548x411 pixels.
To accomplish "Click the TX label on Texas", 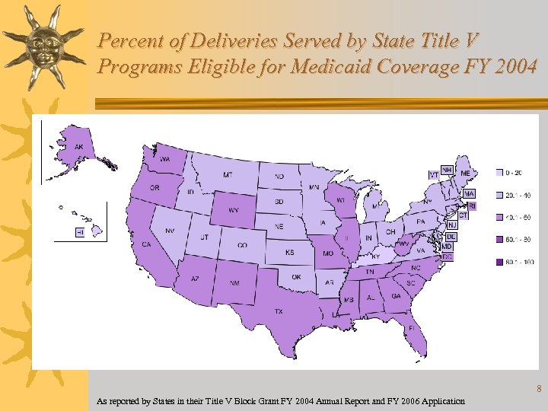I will coord(279,311).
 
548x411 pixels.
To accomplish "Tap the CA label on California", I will coord(146,244).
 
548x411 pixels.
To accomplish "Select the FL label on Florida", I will coord(410,329).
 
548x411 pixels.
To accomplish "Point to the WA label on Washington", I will coord(164,159).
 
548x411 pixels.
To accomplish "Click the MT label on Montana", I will coord(228,175).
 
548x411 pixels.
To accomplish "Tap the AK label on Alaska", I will coord(78,147).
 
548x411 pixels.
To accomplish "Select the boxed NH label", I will coord(448,169).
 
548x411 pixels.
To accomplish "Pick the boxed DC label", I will coord(447,257).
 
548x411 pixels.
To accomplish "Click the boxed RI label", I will coord(472,205).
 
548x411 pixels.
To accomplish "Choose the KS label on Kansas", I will coord(289,252).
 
